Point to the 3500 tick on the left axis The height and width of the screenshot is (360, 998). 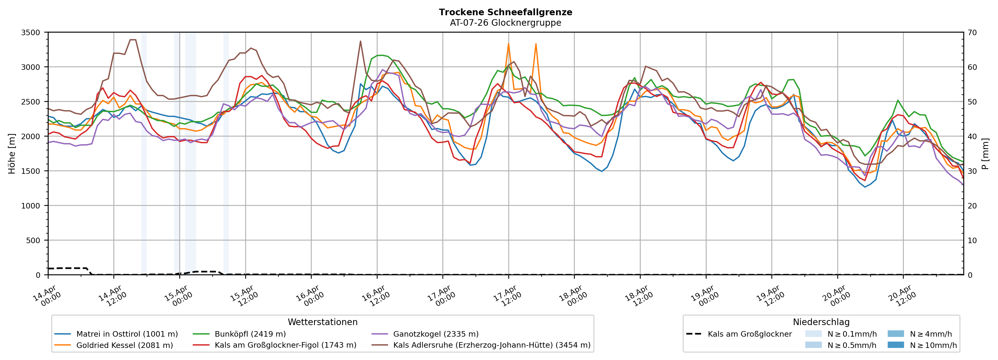click(x=31, y=33)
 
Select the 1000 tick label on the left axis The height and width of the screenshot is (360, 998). click(x=31, y=206)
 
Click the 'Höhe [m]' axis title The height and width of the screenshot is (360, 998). click(x=12, y=153)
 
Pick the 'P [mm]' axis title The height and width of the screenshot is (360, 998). click(x=985, y=153)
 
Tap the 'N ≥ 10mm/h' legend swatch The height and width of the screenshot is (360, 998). click(x=895, y=345)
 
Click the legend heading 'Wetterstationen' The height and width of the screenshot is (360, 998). click(x=322, y=322)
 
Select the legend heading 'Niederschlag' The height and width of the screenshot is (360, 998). click(x=821, y=322)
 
